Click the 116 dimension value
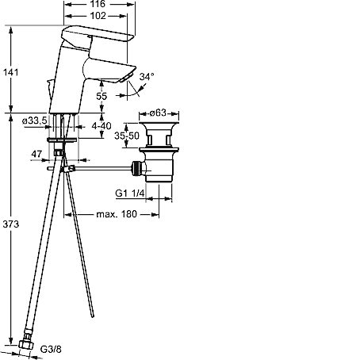(98, 4)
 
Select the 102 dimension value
(98, 16)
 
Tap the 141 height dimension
(10, 72)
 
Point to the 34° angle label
(147, 77)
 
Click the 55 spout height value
(101, 96)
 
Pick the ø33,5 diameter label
(35, 121)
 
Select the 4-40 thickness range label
(101, 126)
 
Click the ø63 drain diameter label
(158, 113)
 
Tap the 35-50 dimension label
(127, 136)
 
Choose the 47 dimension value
(36, 154)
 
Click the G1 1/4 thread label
(130, 193)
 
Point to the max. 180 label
(117, 214)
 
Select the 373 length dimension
(11, 224)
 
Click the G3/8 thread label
(51, 349)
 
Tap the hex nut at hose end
(26, 343)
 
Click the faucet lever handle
(97, 33)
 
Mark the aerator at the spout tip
(125, 78)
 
